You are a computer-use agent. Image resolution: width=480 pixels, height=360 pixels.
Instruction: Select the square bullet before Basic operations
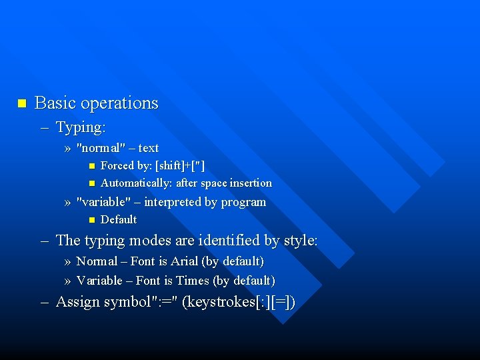(21, 103)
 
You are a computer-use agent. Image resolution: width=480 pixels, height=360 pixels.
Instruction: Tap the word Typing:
(81, 127)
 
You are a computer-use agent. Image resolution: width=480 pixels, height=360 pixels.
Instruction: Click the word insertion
(251, 183)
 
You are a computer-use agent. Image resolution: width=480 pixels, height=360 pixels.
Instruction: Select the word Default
(119, 219)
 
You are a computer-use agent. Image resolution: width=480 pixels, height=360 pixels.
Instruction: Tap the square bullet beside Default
(92, 220)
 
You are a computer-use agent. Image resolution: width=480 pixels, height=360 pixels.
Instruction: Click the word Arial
(185, 261)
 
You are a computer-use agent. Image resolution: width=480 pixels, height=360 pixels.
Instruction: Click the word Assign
(76, 302)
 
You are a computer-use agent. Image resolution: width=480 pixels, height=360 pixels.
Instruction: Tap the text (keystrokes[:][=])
(238, 303)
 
